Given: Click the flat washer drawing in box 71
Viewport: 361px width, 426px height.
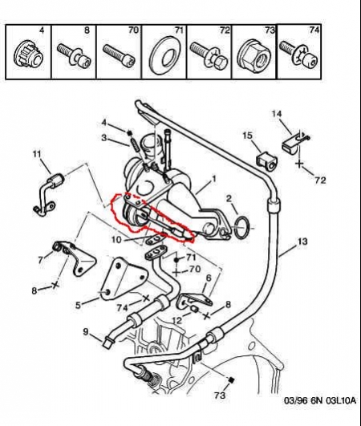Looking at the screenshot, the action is pyautogui.click(x=162, y=56).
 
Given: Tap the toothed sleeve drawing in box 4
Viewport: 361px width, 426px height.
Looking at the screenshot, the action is pyautogui.click(x=28, y=55).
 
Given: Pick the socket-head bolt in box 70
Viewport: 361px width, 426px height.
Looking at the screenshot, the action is pyautogui.click(x=119, y=55).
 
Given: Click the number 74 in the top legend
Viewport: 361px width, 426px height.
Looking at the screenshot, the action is pyautogui.click(x=314, y=30).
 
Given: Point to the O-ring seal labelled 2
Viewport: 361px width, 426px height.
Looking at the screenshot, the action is pyautogui.click(x=242, y=228).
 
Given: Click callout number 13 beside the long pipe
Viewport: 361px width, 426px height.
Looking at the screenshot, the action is pyautogui.click(x=302, y=241).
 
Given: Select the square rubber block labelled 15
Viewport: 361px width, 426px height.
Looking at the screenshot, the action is pyautogui.click(x=266, y=160).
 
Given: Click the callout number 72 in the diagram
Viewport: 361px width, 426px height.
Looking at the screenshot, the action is pyautogui.click(x=320, y=181).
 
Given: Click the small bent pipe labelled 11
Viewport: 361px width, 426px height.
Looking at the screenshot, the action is pyautogui.click(x=50, y=193).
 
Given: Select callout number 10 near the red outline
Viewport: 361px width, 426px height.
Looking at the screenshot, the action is pyautogui.click(x=117, y=240).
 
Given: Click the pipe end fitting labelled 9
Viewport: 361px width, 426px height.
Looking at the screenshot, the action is pyautogui.click(x=107, y=342).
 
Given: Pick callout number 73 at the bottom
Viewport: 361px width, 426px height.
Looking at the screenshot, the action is pyautogui.click(x=220, y=395).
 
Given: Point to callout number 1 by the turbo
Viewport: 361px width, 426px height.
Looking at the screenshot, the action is pyautogui.click(x=213, y=180).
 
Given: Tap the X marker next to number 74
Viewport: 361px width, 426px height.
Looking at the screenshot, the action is pyautogui.click(x=146, y=298).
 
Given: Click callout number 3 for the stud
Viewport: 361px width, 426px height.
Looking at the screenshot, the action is pyautogui.click(x=104, y=137).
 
